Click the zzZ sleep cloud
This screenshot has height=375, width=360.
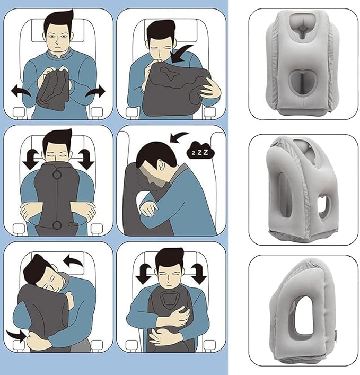coord(197,151)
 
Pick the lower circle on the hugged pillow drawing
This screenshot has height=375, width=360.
coord(56,225)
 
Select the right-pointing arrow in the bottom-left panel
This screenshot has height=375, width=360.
coord(15,335)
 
